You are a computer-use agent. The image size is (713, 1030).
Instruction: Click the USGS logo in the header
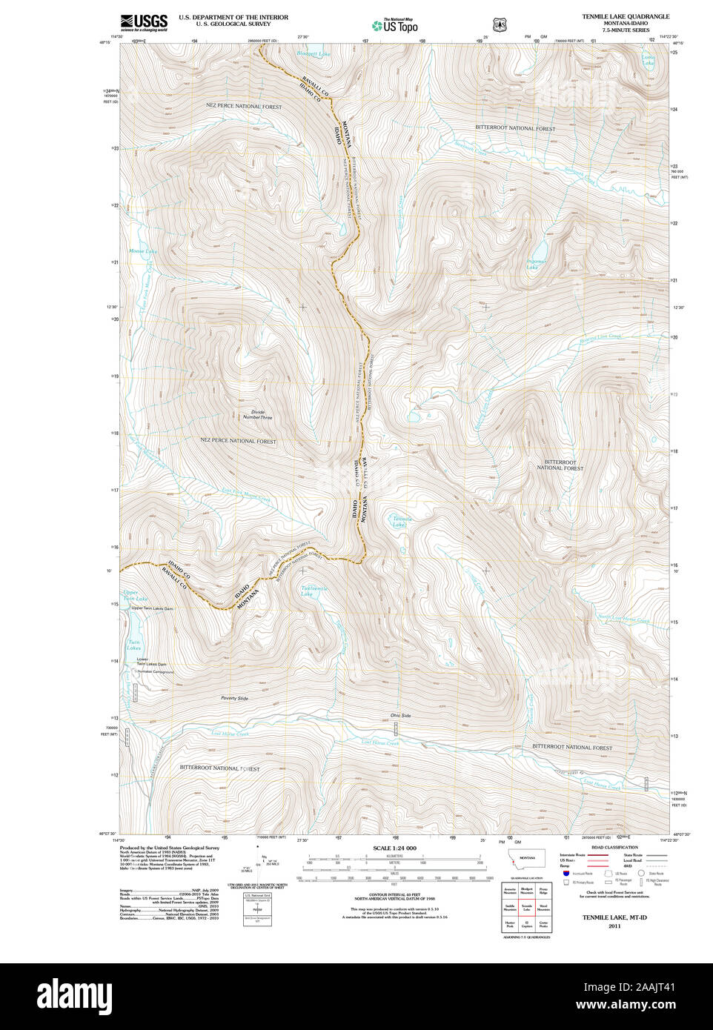pyautogui.click(x=144, y=22)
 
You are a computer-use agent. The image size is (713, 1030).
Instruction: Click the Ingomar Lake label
pyautogui.click(x=536, y=264)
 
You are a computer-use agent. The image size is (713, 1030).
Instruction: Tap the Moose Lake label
pyautogui.click(x=143, y=251)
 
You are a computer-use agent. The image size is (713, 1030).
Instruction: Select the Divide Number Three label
pyautogui.click(x=257, y=415)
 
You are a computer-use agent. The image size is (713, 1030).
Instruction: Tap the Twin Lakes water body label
pyautogui.click(x=133, y=645)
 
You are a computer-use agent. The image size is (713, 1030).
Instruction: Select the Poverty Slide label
pyautogui.click(x=234, y=699)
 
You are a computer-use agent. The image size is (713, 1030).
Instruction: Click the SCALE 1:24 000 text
pyautogui.click(x=394, y=848)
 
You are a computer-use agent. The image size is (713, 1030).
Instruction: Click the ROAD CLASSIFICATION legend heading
pyautogui.click(x=614, y=847)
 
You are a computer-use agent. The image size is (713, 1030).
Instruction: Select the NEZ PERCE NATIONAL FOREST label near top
pyautogui.click(x=244, y=107)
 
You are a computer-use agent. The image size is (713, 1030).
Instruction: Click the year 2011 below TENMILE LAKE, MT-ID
pyautogui.click(x=614, y=926)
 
